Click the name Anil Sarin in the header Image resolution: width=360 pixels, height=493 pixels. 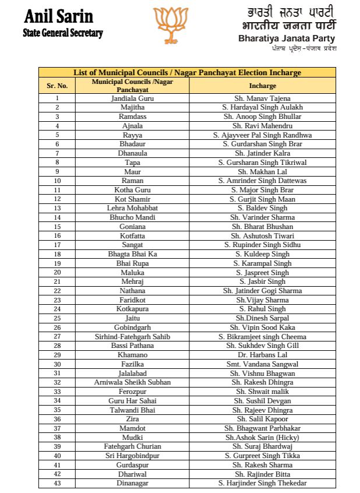click(x=59, y=16)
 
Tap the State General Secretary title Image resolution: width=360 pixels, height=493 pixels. click(x=62, y=33)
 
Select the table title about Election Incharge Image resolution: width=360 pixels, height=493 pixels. click(x=187, y=73)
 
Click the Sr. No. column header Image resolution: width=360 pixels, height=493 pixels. click(x=57, y=86)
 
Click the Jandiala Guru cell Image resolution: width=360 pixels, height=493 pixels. click(x=132, y=98)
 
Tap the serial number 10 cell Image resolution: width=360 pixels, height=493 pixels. click(x=57, y=181)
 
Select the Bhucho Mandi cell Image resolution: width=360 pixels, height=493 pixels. click(x=132, y=217)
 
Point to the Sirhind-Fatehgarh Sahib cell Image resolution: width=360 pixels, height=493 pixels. click(x=132, y=336)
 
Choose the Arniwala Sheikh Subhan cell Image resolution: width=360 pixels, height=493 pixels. click(x=132, y=382)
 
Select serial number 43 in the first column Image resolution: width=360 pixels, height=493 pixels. click(x=57, y=483)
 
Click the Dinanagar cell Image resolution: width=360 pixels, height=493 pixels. click(x=132, y=483)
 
